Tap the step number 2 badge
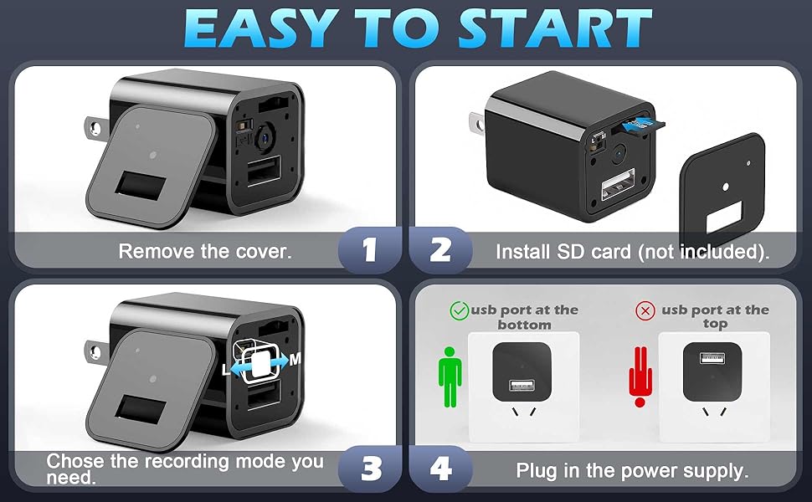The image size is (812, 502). click(440, 249)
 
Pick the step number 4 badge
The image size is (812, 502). click(440, 469)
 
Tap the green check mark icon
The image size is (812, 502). click(459, 310)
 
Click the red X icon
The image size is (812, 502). click(645, 310)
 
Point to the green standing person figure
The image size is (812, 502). click(450, 376)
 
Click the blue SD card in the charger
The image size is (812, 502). click(640, 123)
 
